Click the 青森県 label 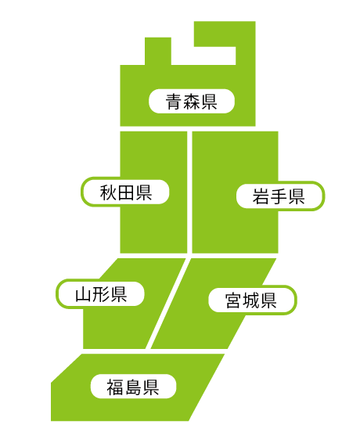pos(192,101)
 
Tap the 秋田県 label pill pos(125,192)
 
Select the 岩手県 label pos(280,196)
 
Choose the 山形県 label pos(100,294)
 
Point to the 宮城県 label pos(253,300)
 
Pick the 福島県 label pos(133,387)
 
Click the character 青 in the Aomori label pos(174,102)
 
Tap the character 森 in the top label pos(192,102)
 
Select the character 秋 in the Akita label pos(108,192)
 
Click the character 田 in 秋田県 pos(126,192)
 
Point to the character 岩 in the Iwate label pos(261,196)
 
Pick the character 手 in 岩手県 pos(279,196)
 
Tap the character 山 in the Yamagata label pos(83,294)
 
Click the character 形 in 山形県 pos(100,294)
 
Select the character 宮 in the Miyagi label pos(233,300)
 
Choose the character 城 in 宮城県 pos(251,300)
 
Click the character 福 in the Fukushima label pos(115,387)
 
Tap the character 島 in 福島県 pos(133,387)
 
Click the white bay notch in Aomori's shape pos(203,56)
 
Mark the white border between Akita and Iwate pos(189,192)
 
